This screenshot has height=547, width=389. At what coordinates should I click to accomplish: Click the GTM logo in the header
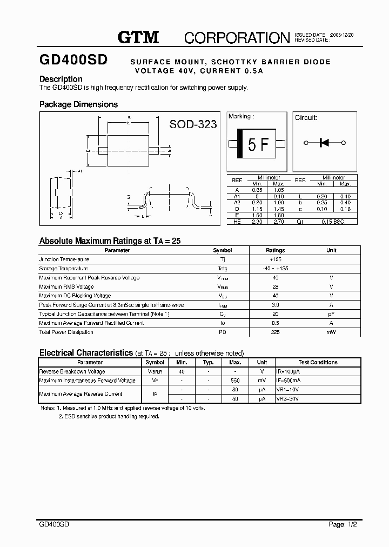click(138, 37)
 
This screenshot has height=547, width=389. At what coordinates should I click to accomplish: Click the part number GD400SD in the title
click(73, 59)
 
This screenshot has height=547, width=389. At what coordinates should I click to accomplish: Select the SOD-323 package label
click(193, 124)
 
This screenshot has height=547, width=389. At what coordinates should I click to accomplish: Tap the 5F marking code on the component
click(258, 144)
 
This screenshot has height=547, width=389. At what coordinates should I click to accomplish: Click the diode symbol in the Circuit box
click(325, 143)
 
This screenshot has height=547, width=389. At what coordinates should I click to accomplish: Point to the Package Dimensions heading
click(78, 104)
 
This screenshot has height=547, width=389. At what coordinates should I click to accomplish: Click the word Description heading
click(61, 79)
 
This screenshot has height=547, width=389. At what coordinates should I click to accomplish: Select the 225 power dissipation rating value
click(275, 332)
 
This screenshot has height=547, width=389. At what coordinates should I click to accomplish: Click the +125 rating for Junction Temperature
click(275, 259)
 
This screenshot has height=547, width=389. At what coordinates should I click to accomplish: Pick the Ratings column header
click(275, 250)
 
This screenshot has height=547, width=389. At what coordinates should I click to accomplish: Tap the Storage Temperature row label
click(64, 269)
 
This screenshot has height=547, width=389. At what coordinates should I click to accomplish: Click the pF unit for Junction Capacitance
click(331, 314)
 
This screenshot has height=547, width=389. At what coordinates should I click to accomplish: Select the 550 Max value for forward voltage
click(235, 381)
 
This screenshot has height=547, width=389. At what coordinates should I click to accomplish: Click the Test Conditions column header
click(318, 362)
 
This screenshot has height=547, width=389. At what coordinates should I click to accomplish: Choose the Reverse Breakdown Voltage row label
click(73, 371)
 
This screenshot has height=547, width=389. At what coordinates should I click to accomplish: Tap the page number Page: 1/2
click(343, 524)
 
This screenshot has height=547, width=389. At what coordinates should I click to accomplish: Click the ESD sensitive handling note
click(109, 417)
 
